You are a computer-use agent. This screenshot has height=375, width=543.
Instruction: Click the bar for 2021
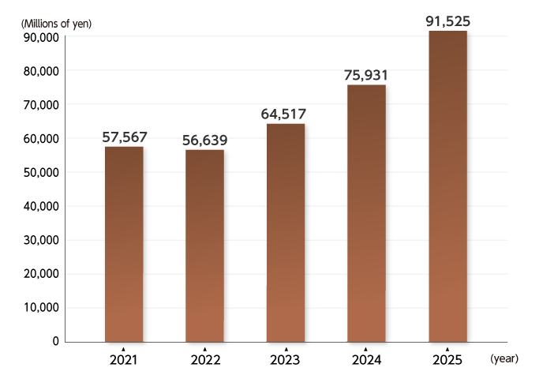click(124, 244)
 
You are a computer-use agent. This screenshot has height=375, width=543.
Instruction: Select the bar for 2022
click(204, 246)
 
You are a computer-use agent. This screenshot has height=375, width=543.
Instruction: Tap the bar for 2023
click(286, 233)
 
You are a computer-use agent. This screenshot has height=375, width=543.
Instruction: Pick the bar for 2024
click(366, 213)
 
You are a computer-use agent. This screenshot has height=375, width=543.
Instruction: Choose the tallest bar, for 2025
click(448, 186)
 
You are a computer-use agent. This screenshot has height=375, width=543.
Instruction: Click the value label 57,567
click(125, 137)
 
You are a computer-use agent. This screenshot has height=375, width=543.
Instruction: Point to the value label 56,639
click(204, 140)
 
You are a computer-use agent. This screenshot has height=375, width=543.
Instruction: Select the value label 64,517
click(285, 114)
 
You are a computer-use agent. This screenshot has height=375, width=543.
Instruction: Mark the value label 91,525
click(447, 21)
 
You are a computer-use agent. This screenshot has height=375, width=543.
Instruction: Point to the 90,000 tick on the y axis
click(39, 37)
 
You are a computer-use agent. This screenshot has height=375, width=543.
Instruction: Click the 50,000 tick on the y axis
click(39, 172)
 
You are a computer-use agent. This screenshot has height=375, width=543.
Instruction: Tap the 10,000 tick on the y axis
click(39, 308)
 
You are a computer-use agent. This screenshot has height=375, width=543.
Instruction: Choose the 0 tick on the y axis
click(56, 342)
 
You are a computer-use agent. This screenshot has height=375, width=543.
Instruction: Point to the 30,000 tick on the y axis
click(39, 240)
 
